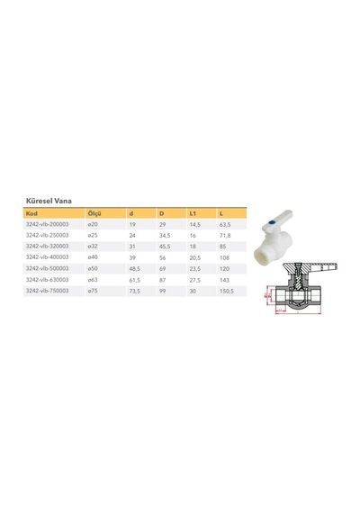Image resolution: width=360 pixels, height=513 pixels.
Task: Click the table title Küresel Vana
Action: pyautogui.click(x=49, y=201)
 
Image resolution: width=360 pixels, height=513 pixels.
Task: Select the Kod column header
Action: pyautogui.click(x=31, y=213)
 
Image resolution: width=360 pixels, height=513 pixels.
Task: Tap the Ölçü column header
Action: pyautogui.click(x=94, y=213)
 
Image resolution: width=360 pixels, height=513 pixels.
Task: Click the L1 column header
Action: pyautogui.click(x=193, y=213)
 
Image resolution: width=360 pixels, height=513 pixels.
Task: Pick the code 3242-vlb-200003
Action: pyautogui.click(x=47, y=224)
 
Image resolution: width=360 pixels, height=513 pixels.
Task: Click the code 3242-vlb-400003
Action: pyautogui.click(x=47, y=257)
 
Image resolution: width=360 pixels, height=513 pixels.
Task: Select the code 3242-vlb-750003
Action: pyautogui.click(x=47, y=291)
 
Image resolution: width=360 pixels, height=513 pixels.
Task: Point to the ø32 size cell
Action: pyautogui.click(x=93, y=246)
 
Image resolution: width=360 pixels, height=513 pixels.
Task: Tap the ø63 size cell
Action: pyautogui.click(x=93, y=280)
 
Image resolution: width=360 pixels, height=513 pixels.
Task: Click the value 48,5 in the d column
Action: pyautogui.click(x=134, y=269)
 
